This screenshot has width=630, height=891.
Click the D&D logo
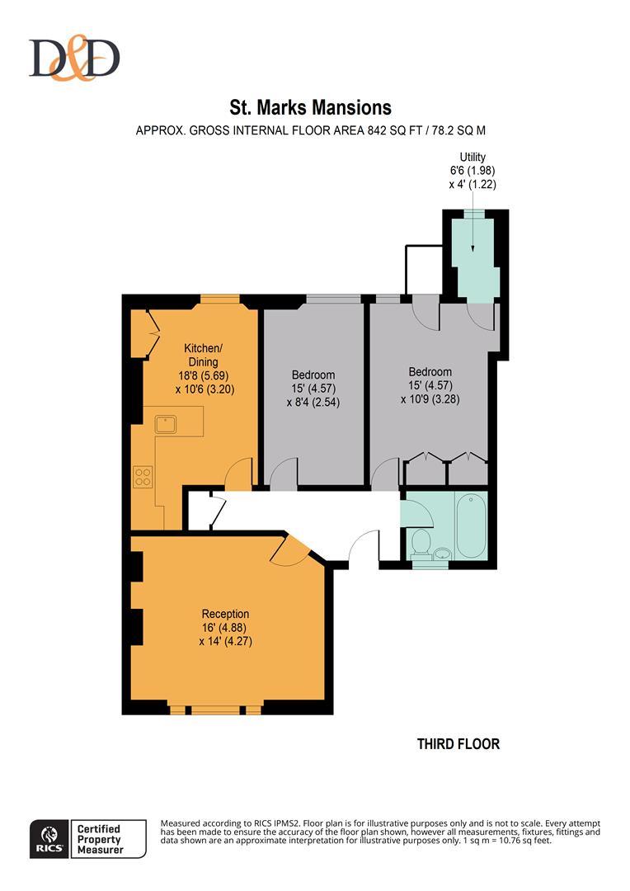tap(74, 58)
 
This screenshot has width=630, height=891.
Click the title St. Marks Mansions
tap(310, 107)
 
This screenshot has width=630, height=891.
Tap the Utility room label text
tap(472, 157)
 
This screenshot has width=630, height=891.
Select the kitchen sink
tap(166, 425)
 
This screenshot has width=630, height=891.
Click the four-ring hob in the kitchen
tap(143, 477)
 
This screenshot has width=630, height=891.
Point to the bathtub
tap(471, 526)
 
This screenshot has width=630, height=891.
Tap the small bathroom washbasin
tap(441, 554)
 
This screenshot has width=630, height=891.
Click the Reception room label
tap(225, 614)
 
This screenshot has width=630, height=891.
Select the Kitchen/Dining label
tap(204, 355)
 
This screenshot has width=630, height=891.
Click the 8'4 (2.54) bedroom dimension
tap(313, 403)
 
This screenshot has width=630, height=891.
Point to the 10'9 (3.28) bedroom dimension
tap(430, 399)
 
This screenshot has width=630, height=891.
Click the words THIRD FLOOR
tap(458, 744)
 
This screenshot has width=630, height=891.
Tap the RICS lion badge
tap(50, 839)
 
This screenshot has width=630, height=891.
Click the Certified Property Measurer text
tap(100, 839)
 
